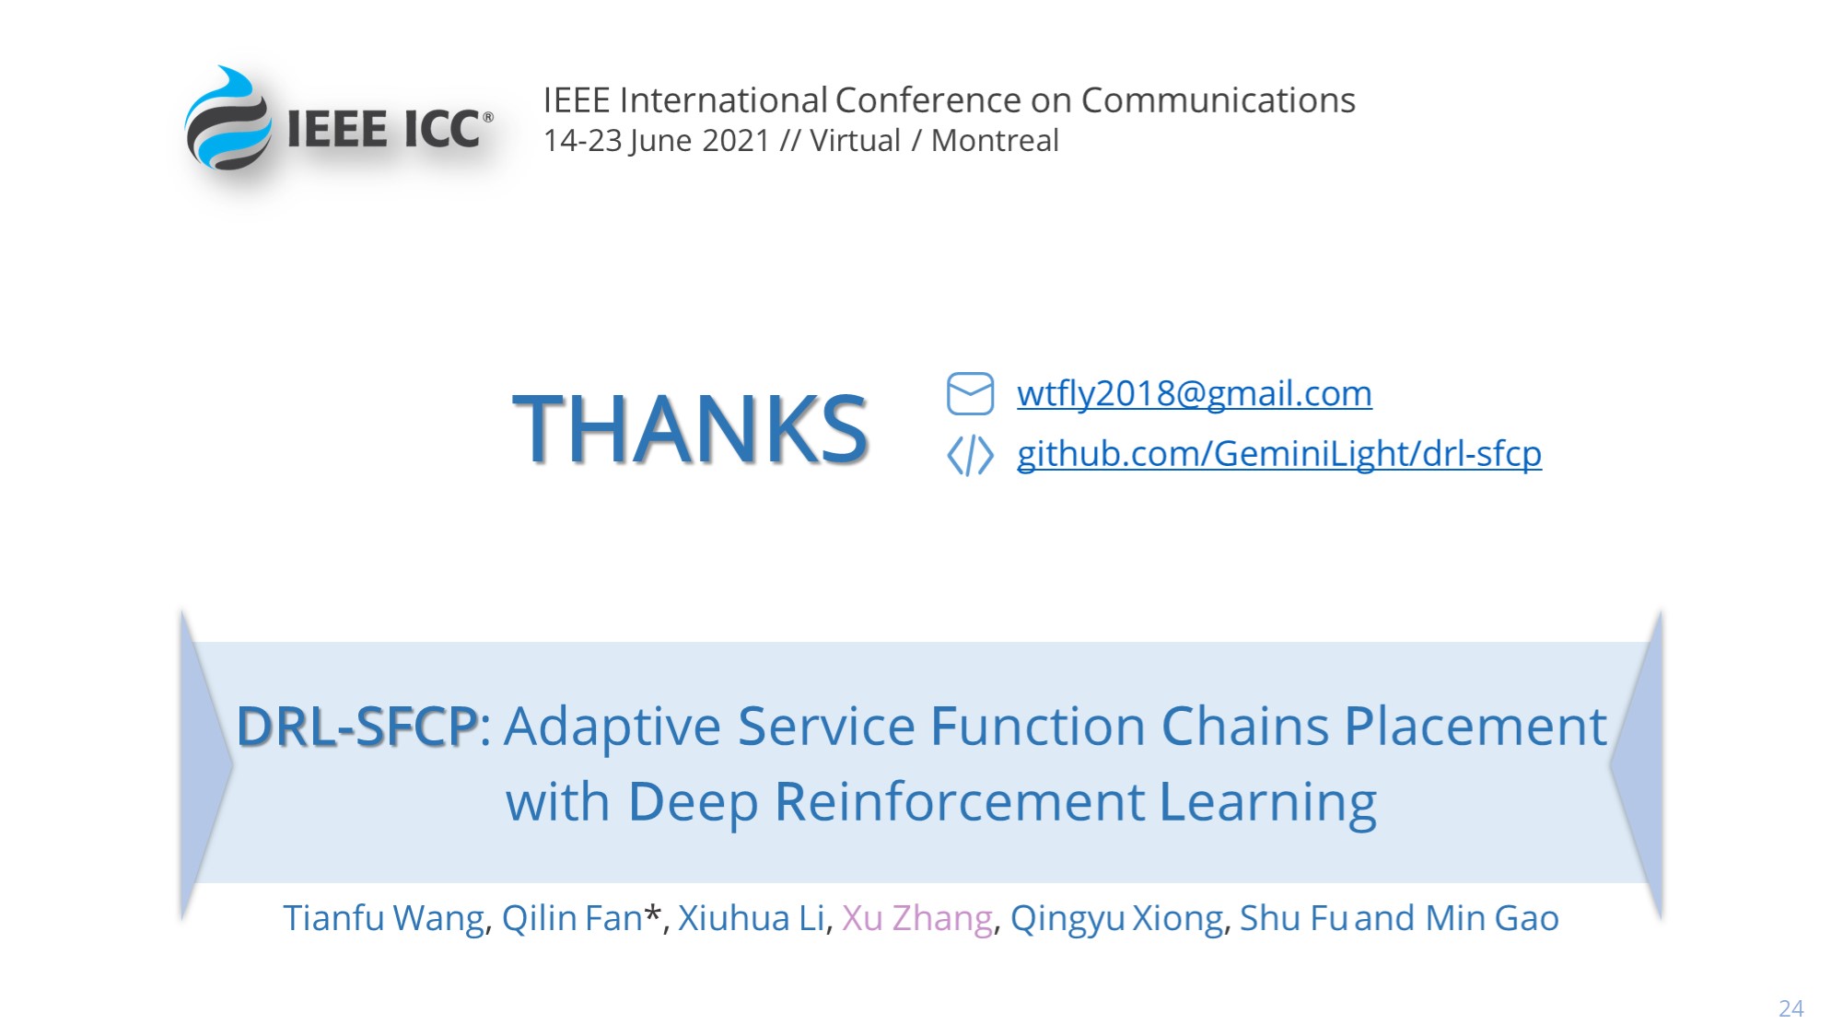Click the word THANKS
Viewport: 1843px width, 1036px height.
(690, 428)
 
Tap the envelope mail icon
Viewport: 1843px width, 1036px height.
(970, 394)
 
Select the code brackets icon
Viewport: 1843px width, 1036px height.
(970, 455)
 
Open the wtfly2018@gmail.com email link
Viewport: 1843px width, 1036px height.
(1195, 394)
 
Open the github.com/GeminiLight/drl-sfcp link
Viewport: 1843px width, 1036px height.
(1279, 454)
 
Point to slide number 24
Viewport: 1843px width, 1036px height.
(1791, 1008)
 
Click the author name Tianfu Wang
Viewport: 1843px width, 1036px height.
(383, 919)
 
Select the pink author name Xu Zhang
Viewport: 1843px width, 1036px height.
(917, 919)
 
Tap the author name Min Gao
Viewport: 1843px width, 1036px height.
(1492, 918)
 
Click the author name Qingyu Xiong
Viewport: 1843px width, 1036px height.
(1117, 919)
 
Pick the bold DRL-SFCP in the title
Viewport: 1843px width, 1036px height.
(357, 727)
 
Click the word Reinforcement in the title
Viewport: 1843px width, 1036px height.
(961, 801)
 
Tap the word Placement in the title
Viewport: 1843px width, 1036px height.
(1476, 727)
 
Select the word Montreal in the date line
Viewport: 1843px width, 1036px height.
(995, 141)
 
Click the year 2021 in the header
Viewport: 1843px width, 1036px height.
(736, 141)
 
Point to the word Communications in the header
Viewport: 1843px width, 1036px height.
(1218, 100)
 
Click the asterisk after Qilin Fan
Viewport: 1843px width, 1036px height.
(652, 913)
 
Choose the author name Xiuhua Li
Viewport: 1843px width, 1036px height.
(752, 918)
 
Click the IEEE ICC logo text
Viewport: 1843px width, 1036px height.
(385, 129)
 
